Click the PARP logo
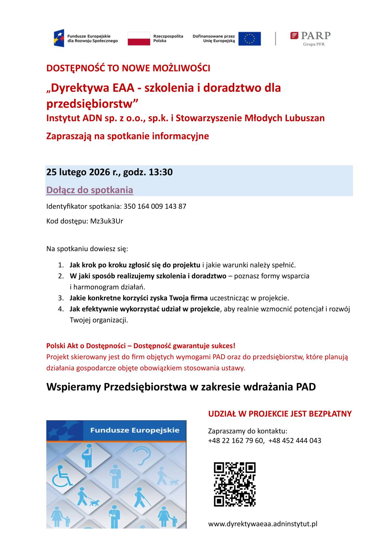coord(310,38)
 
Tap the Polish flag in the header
coord(139,39)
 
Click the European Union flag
coord(249,39)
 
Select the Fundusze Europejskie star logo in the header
coord(59,38)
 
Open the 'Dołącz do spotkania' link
coord(89,190)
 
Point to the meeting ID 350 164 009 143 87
coord(155,206)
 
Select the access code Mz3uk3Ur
coord(107,221)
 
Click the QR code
coord(234,484)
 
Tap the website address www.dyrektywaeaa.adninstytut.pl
coord(263,524)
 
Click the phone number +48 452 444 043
coord(295,441)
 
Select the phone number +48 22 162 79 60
coord(236,441)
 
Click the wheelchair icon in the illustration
coord(62,475)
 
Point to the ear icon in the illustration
coord(141,455)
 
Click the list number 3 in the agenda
coord(61,298)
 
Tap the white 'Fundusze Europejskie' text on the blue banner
coord(135,430)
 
